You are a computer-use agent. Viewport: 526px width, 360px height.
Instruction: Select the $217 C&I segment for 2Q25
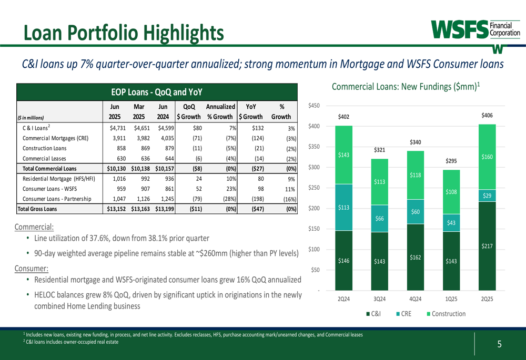(487, 246)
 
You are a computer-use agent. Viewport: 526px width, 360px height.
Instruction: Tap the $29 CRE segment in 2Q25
(487, 196)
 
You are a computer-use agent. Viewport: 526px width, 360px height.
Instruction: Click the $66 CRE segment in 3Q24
(379, 218)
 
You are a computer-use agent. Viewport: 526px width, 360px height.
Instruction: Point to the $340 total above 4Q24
(415, 142)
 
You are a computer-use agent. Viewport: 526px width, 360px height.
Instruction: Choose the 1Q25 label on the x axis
(451, 299)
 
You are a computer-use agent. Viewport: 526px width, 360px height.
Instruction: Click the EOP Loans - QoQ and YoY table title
(157, 92)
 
